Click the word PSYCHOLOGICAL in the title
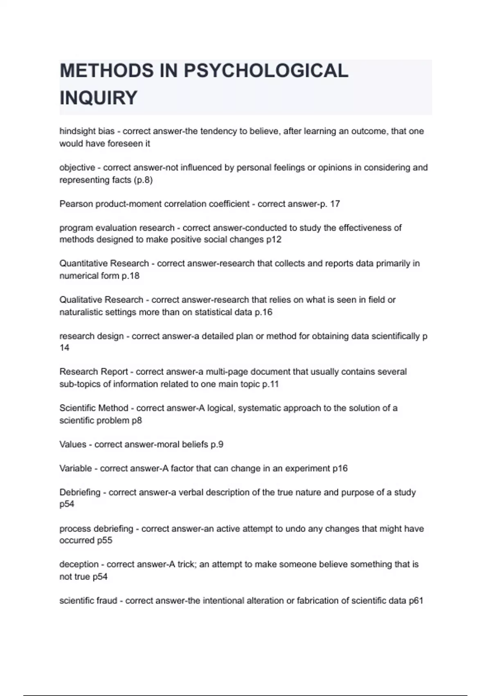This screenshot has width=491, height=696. point(266,71)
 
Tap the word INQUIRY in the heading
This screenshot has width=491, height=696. point(98,98)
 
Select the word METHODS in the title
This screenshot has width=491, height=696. point(107,71)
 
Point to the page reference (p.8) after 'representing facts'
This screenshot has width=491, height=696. point(143,180)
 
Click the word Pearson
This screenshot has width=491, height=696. point(76,204)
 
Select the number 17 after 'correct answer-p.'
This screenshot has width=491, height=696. point(335,204)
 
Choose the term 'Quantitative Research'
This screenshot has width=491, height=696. point(104,264)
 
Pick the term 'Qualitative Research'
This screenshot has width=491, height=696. point(101,300)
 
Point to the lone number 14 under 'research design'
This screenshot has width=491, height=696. point(64,348)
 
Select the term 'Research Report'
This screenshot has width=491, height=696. point(94,372)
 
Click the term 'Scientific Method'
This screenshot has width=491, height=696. point(94,408)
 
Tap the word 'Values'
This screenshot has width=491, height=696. point(73,445)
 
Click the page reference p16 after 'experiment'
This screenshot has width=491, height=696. point(340,468)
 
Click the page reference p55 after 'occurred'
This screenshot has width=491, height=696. point(104,540)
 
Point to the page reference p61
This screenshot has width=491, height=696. point(416,601)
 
